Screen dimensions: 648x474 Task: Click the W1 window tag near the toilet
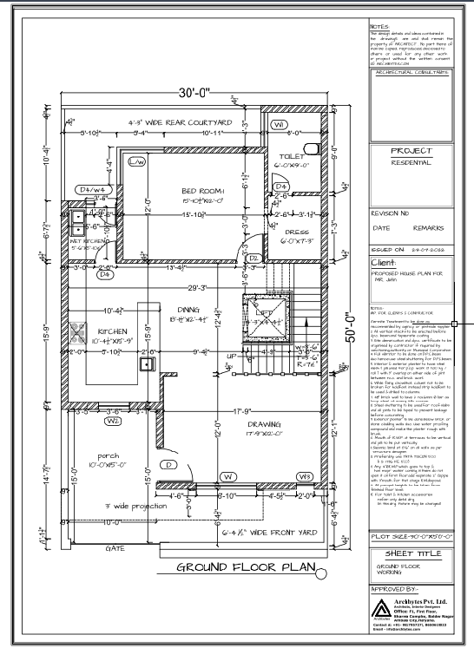280,125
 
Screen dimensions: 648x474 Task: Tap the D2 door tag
255,259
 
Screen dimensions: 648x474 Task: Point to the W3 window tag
305,476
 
